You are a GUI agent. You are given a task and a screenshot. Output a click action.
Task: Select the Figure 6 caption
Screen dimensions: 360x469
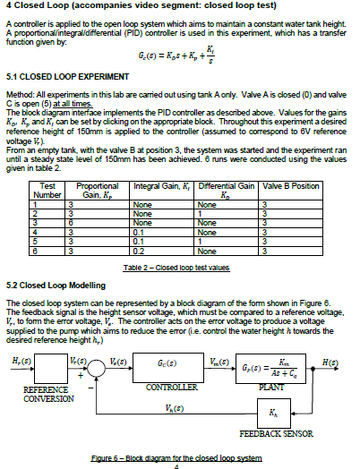[177, 457]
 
